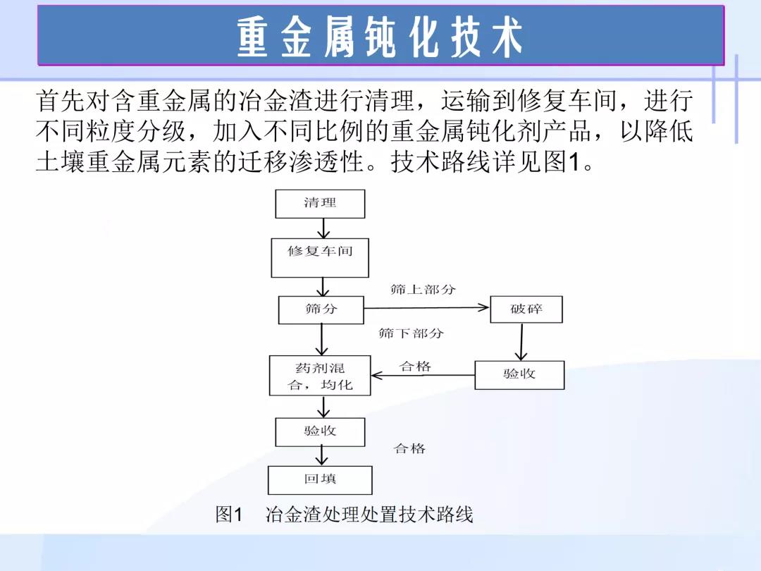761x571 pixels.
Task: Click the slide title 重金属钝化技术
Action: click(x=380, y=37)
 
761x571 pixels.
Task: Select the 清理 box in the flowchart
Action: click(x=320, y=204)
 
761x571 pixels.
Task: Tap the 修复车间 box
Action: click(x=320, y=258)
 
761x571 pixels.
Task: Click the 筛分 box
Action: click(x=321, y=309)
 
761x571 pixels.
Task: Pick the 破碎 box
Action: click(x=526, y=309)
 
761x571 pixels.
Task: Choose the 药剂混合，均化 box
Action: click(x=320, y=375)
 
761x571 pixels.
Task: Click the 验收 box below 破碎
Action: click(x=519, y=375)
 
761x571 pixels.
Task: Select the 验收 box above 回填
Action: click(x=320, y=432)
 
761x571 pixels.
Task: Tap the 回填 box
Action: click(x=320, y=480)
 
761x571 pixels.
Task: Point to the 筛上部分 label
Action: click(x=423, y=290)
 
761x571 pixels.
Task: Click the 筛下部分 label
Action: click(x=411, y=333)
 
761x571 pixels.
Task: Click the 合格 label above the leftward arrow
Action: click(x=415, y=366)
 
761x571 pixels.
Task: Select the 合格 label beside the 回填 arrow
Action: click(x=409, y=448)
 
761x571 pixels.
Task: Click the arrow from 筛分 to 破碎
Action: click(x=426, y=307)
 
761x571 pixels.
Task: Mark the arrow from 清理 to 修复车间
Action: click(x=323, y=228)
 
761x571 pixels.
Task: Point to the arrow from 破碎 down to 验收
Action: click(x=521, y=342)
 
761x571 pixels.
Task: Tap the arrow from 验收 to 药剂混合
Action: click(x=423, y=375)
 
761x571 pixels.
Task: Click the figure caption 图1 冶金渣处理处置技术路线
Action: click(x=344, y=515)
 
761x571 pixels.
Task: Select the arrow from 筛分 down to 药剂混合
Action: click(x=322, y=339)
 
